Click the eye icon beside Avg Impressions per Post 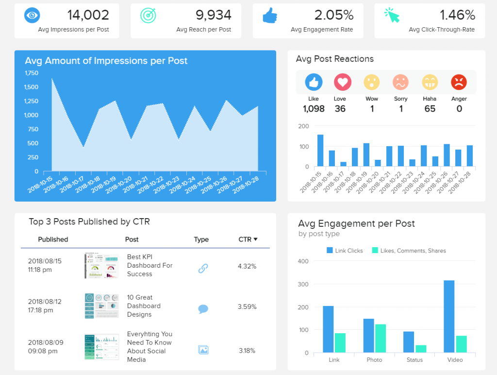coord(32,16)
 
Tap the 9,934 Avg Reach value coord(210,15)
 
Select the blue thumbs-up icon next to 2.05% coord(270,16)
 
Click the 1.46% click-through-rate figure coord(457,15)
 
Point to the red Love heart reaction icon coord(343,82)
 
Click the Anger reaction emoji coord(459,82)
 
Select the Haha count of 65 coord(430,109)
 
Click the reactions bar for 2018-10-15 coord(320,151)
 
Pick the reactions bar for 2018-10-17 coord(343,164)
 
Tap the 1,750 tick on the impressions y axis coord(31,73)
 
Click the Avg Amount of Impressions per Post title coord(106,61)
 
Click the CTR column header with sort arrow coord(248,239)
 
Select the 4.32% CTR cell coord(247,266)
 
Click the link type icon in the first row coord(203,268)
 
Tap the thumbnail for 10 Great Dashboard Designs coord(101,306)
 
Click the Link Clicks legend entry coord(345,251)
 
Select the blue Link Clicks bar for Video coord(449,316)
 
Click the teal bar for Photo coord(381,338)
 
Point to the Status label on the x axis coord(414,360)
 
